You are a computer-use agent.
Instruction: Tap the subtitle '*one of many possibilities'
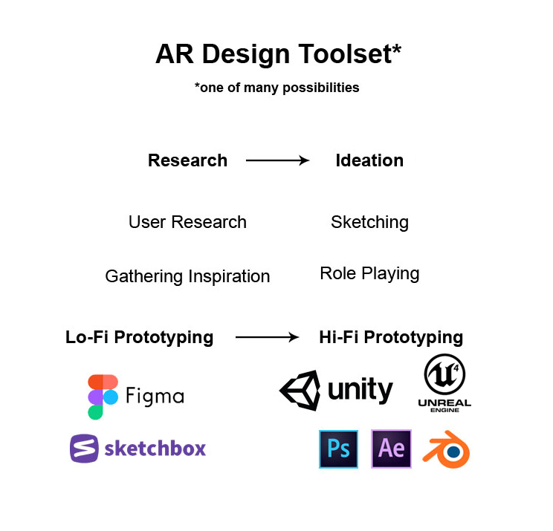click(x=276, y=88)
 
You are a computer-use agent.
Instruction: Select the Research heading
click(x=187, y=160)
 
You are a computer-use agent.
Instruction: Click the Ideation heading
click(x=369, y=160)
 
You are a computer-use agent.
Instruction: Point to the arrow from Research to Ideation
click(x=277, y=160)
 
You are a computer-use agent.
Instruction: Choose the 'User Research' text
click(x=187, y=222)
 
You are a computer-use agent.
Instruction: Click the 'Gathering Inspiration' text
click(x=187, y=276)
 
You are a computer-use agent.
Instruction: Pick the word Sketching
click(x=369, y=222)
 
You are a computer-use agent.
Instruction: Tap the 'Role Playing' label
click(x=369, y=273)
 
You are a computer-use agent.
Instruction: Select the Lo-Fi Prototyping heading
click(x=140, y=337)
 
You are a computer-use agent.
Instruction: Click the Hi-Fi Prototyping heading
click(x=391, y=337)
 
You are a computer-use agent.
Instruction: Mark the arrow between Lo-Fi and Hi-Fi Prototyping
click(x=267, y=337)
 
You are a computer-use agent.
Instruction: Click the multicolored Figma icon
click(x=103, y=397)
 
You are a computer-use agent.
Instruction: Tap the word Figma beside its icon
click(x=155, y=396)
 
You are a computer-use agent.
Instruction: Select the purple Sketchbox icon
click(x=84, y=449)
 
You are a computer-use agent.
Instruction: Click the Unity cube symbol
click(x=300, y=391)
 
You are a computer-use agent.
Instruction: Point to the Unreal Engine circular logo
click(x=444, y=376)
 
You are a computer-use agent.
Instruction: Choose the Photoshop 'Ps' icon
click(x=338, y=449)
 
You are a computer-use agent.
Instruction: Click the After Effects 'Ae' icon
click(x=391, y=449)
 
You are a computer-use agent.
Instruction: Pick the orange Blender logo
click(x=446, y=451)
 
